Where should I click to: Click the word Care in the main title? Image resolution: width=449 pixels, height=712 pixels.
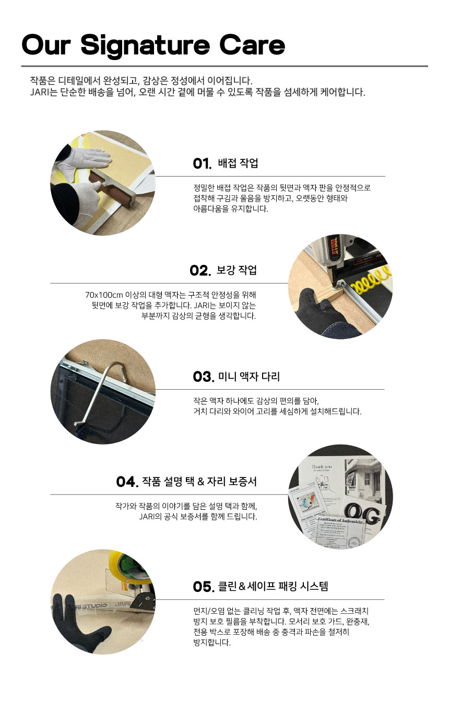[x=252, y=45]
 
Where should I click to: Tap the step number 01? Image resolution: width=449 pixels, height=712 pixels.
[x=202, y=164]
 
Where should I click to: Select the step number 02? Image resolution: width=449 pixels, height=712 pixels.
[x=200, y=271]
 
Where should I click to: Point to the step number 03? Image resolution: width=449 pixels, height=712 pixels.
[x=204, y=377]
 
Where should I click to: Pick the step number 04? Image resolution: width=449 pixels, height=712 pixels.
[x=127, y=482]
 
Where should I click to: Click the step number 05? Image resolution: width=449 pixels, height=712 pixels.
[x=204, y=587]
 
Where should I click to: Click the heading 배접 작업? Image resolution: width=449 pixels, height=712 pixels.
[x=238, y=163]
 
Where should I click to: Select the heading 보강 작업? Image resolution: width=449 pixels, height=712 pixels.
[x=237, y=270]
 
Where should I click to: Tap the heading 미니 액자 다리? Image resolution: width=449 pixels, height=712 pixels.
[x=249, y=376]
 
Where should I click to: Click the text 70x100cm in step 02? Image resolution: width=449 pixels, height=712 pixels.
[x=104, y=295]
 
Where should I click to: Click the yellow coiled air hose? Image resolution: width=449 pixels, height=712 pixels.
[x=371, y=279]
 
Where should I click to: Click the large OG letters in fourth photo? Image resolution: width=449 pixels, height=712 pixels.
[x=362, y=513]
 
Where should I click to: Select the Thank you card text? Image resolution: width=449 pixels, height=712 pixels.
[x=322, y=467]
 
